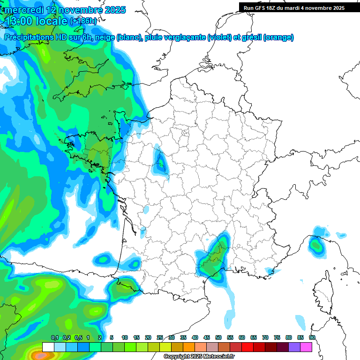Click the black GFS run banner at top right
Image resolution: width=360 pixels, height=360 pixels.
coord(293,7)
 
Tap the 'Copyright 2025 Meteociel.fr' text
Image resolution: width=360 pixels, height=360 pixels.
coord(199,357)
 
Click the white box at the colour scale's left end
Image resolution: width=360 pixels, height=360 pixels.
coord(48,347)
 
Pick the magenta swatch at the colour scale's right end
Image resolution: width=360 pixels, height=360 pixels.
coord(306,347)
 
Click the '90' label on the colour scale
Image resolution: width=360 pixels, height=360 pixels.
coord(312,337)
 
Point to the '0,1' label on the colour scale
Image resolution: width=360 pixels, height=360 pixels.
coord(54,337)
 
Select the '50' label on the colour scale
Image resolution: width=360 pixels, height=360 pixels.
coord(218,337)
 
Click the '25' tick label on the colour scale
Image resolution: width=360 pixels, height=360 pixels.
coord(160,337)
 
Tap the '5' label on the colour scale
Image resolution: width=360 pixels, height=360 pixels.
coord(112,337)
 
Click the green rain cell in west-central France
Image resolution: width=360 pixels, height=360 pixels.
coord(161,164)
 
